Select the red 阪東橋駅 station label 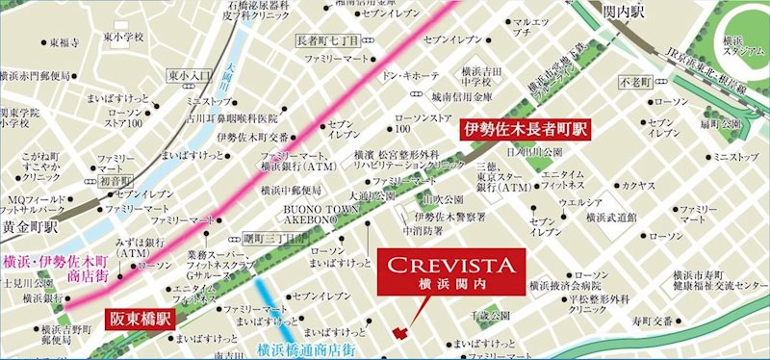pyautogui.click(x=140, y=314)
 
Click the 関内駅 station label pyautogui.click(x=636, y=12)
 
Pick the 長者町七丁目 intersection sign pyautogui.click(x=327, y=39)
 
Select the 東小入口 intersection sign pyautogui.click(x=190, y=75)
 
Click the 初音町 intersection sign pyautogui.click(x=115, y=180)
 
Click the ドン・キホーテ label pyautogui.click(x=411, y=74)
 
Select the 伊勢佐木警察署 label pyautogui.click(x=450, y=216)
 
